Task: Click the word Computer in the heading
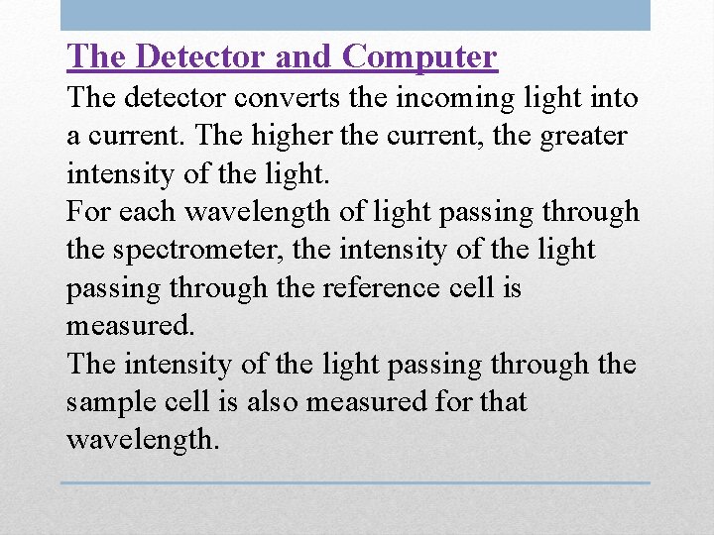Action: tap(418, 56)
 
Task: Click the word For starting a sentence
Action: tap(86, 212)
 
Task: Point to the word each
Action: tap(142, 212)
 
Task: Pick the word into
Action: tap(615, 99)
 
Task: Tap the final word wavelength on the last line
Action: tap(140, 440)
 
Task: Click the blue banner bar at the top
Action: tap(355, 15)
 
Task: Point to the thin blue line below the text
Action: tap(355, 483)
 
